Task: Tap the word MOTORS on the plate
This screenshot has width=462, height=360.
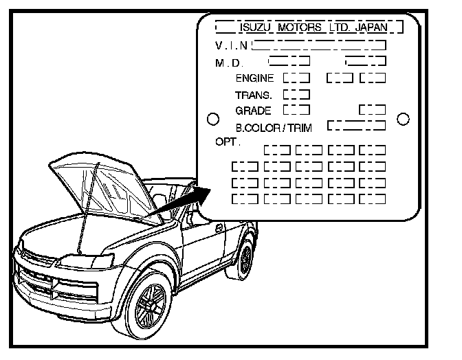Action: pyautogui.click(x=300, y=28)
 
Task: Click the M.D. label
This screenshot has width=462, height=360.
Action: pyautogui.click(x=230, y=63)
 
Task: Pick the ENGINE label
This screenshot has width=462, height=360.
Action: pyautogui.click(x=254, y=78)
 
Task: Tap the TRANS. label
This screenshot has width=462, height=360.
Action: pyautogui.click(x=254, y=94)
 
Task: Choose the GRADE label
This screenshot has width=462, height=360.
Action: pyautogui.click(x=254, y=110)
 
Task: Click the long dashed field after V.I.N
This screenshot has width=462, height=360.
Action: pyautogui.click(x=319, y=46)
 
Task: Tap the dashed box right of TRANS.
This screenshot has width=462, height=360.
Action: pyautogui.click(x=296, y=94)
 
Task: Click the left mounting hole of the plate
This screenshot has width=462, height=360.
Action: pyautogui.click(x=213, y=119)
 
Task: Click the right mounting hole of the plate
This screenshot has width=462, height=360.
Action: pyautogui.click(x=404, y=119)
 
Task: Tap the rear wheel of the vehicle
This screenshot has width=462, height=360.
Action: pyautogui.click(x=245, y=258)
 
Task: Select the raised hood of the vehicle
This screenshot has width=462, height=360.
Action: pyautogui.click(x=103, y=185)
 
